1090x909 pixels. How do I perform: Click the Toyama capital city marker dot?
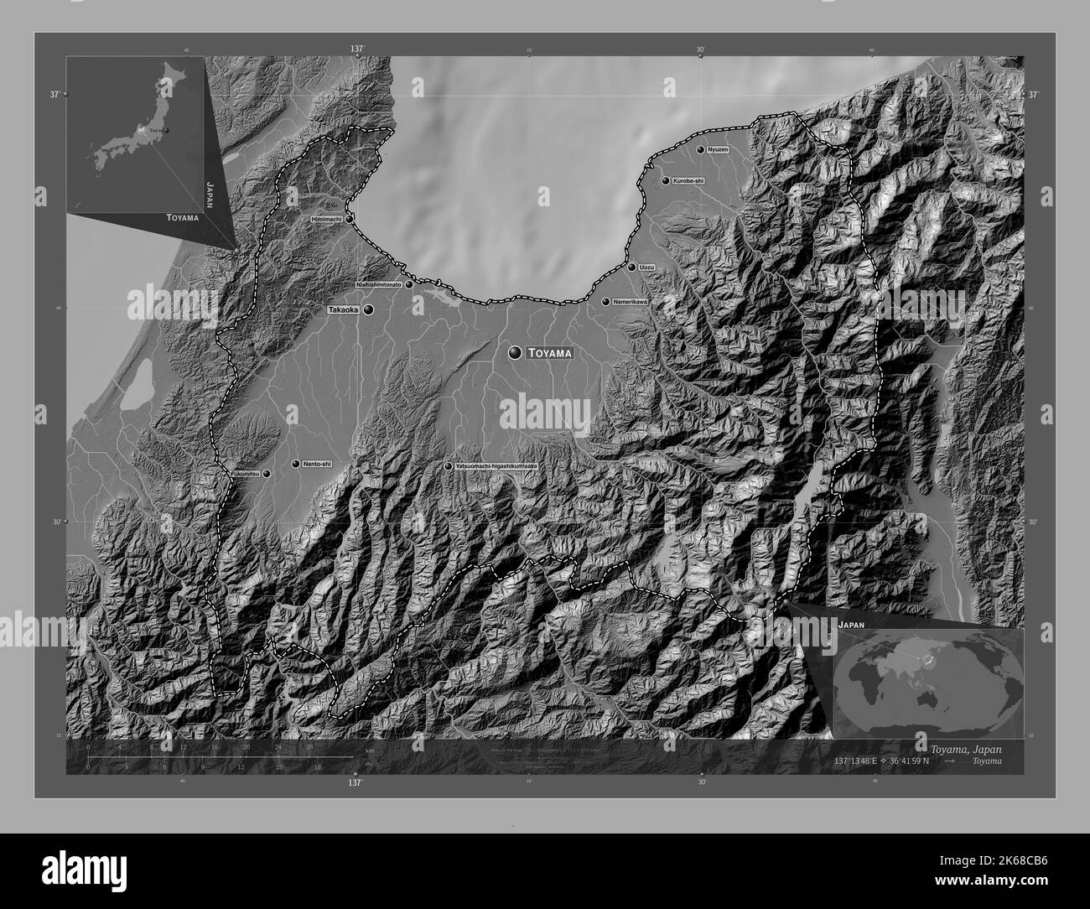[514, 354]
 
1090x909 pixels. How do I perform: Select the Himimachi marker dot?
[349, 218]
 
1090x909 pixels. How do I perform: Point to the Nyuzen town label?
[718, 149]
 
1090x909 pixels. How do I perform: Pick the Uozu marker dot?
[631, 268]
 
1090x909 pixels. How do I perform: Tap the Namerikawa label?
[631, 301]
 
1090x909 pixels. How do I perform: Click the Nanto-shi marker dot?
[295, 464]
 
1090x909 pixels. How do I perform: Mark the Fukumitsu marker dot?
[267, 474]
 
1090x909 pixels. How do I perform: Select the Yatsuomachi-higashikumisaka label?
[496, 466]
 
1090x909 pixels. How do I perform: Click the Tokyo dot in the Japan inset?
[165, 130]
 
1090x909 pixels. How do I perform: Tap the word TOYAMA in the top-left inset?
[182, 218]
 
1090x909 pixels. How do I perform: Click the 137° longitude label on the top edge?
[357, 49]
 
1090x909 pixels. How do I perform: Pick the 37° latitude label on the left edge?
[54, 95]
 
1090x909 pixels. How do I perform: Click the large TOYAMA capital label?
[549, 354]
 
